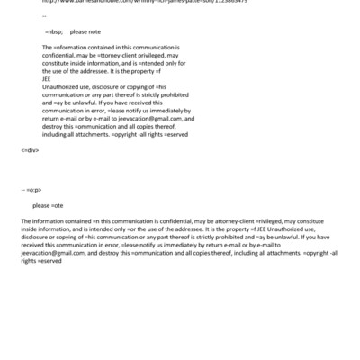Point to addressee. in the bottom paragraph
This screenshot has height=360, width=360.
click(186, 227)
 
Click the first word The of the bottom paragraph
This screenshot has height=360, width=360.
click(24, 220)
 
